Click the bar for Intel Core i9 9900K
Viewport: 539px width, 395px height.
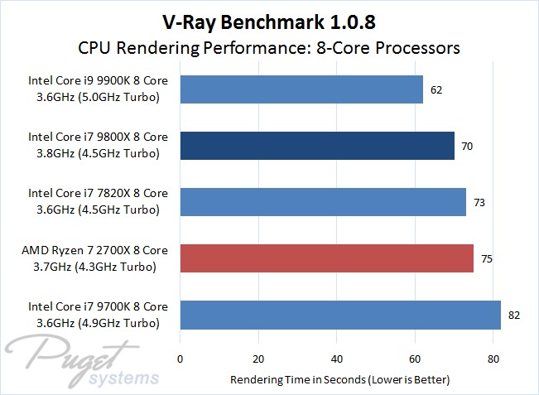pyautogui.click(x=301, y=89)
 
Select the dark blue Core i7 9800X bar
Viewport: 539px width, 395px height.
pyautogui.click(x=317, y=146)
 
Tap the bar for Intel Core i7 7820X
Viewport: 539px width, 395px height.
pyautogui.click(x=323, y=202)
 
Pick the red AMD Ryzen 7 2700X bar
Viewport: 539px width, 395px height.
pyautogui.click(x=327, y=258)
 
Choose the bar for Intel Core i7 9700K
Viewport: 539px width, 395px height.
pyautogui.click(x=340, y=315)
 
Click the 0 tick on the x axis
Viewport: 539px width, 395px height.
pyautogui.click(x=180, y=360)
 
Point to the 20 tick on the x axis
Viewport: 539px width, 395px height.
pyautogui.click(x=258, y=360)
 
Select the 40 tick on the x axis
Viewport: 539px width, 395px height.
pyautogui.click(x=337, y=360)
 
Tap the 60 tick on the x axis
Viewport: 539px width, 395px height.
pyautogui.click(x=416, y=360)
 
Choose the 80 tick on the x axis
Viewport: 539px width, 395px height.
pyautogui.click(x=493, y=360)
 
